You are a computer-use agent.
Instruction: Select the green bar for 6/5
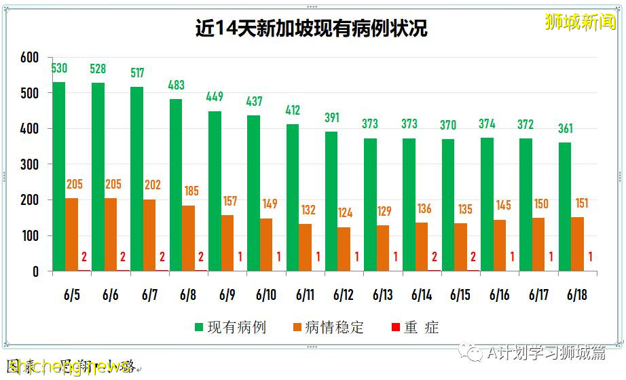click(x=59, y=176)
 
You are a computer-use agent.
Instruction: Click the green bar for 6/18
click(x=565, y=207)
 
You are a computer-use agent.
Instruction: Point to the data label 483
click(x=176, y=85)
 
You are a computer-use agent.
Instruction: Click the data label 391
click(x=331, y=117)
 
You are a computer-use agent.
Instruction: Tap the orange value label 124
click(x=345, y=213)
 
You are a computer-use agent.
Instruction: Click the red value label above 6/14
click(x=435, y=257)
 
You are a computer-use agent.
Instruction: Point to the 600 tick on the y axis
click(x=31, y=58)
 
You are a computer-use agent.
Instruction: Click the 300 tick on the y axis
click(x=31, y=164)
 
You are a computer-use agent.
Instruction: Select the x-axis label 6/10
click(x=266, y=295)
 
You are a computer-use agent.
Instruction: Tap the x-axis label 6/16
click(x=500, y=295)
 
